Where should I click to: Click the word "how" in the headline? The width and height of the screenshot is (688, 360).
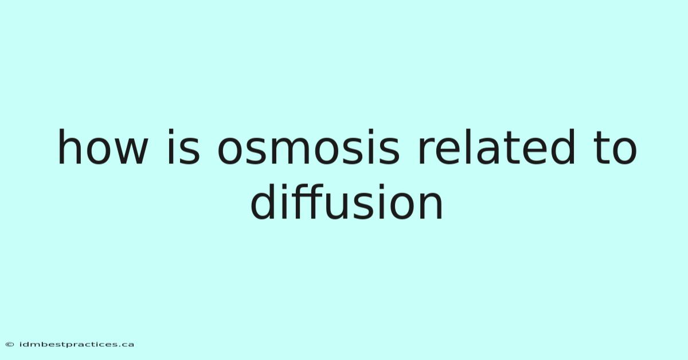[103, 147]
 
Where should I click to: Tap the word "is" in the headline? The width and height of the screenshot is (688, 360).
[183, 147]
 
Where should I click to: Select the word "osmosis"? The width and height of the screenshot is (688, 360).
[308, 147]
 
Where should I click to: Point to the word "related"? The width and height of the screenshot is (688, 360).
[497, 147]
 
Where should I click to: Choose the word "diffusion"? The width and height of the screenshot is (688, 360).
[346, 202]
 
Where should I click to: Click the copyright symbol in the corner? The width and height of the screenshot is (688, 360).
[10, 345]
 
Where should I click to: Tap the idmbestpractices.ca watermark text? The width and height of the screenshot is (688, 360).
[76, 345]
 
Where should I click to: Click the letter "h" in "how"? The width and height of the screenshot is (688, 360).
[70, 147]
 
